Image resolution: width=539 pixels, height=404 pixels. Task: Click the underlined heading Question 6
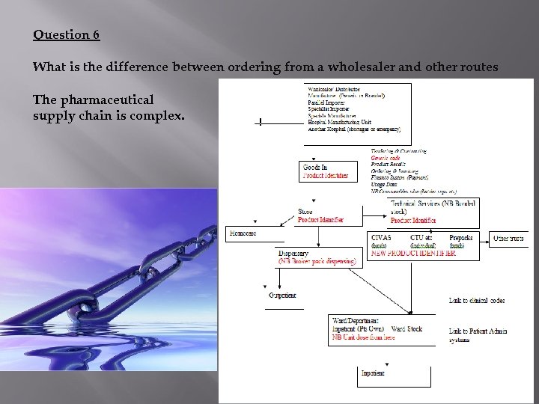click(67, 34)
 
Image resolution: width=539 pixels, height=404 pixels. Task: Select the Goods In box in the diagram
click(328, 171)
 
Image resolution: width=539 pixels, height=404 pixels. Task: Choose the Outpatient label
click(282, 296)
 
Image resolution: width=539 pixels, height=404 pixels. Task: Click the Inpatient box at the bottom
click(373, 373)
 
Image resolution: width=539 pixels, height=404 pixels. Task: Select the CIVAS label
click(381, 237)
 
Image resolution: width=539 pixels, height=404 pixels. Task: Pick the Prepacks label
click(461, 237)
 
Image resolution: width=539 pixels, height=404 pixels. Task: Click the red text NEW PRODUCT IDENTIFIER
click(413, 254)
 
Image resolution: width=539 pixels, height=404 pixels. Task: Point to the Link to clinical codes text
click(476, 300)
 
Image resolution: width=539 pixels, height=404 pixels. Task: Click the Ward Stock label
click(406, 328)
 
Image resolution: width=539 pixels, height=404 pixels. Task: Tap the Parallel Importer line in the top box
click(327, 102)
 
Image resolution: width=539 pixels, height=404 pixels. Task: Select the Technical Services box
click(432, 210)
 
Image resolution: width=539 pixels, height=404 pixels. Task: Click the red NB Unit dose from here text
click(364, 337)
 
